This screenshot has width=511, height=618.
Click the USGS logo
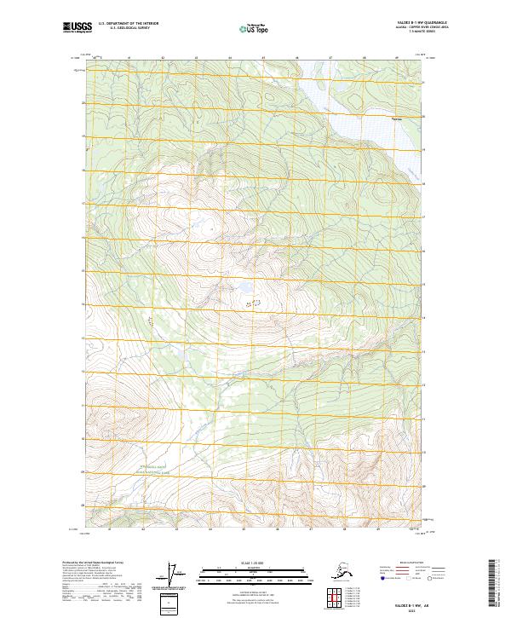click(75, 28)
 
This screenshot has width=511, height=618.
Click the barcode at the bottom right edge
click(499, 584)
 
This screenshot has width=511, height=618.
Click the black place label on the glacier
click(395, 118)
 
